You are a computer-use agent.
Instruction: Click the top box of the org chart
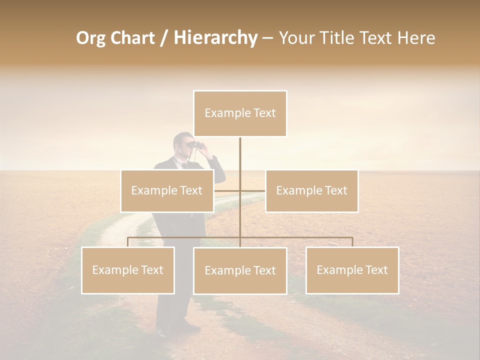click(x=240, y=113)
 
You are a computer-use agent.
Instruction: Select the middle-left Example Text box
click(x=166, y=190)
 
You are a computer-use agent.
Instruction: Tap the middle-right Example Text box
click(x=311, y=190)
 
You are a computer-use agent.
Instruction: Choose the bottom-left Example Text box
click(x=127, y=270)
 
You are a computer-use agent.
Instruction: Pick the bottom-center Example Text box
click(x=240, y=270)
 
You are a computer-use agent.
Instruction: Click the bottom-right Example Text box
click(x=352, y=270)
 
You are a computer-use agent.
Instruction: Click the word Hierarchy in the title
click(x=215, y=38)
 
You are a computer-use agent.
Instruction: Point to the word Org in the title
click(x=90, y=38)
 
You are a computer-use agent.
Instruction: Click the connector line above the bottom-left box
click(x=127, y=241)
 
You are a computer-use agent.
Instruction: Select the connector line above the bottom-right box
click(x=352, y=241)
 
